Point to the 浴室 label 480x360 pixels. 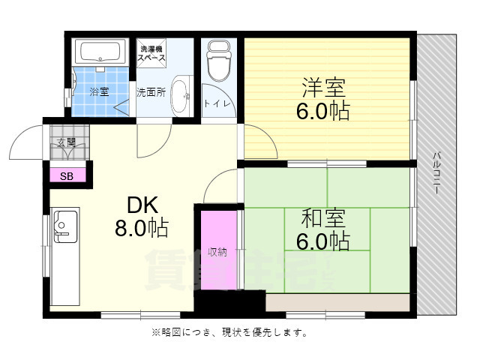(99, 91)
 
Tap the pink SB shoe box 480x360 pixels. (67, 176)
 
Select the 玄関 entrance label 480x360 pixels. (65, 142)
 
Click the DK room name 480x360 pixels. (140, 204)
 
